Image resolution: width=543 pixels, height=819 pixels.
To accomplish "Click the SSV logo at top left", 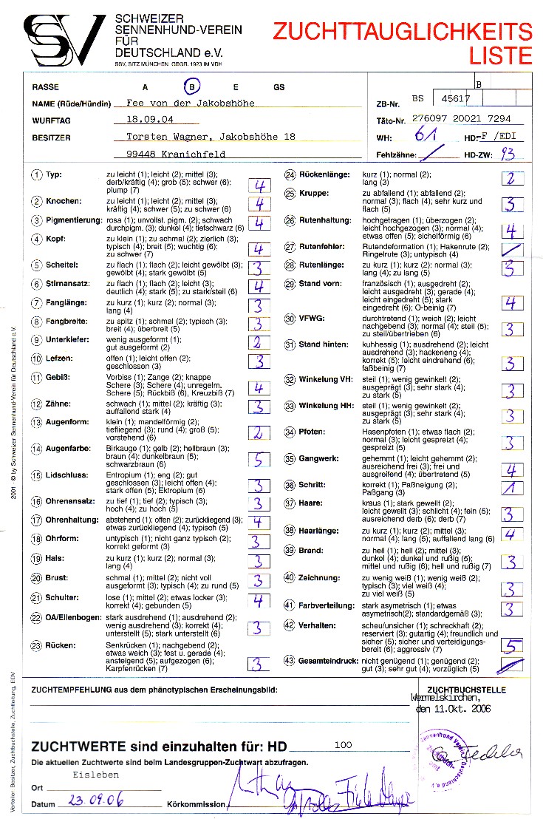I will tap(65, 40).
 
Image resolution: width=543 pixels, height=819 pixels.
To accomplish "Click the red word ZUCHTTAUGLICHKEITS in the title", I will tap(402, 32).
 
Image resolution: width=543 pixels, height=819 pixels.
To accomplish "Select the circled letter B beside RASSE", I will tap(192, 87).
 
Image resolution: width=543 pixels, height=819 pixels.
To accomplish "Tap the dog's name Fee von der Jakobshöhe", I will tap(191, 103).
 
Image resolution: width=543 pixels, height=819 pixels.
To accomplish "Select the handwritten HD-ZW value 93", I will tap(508, 154).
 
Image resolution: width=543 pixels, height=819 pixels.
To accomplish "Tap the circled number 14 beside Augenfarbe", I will tap(36, 449).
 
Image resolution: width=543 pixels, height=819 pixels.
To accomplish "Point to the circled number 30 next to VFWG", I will tap(290, 319).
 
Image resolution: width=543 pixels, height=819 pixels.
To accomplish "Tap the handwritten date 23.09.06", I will tap(95, 801).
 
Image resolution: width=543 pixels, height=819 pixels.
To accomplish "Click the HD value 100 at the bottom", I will tap(343, 745).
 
